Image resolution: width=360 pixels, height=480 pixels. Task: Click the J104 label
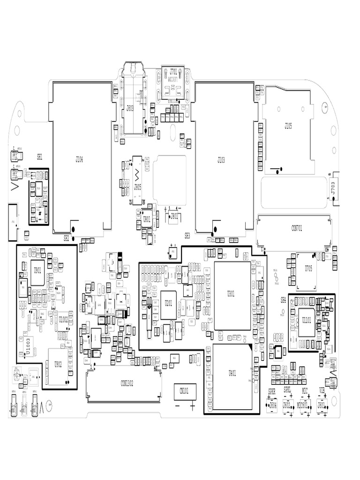pos(79,160)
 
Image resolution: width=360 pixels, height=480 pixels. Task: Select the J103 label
pos(221,160)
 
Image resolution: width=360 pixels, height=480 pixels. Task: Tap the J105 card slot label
pos(288,125)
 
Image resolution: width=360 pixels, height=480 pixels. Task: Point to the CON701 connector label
pos(297,228)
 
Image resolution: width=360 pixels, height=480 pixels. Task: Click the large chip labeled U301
pos(231,294)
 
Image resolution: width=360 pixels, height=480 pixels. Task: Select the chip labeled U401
pos(232,373)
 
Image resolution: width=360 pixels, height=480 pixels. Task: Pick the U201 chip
pos(169,303)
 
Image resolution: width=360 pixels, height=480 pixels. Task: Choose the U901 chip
pos(37,270)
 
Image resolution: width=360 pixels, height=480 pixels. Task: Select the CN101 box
pos(184,390)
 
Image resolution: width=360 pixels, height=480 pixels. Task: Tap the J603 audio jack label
pos(130,107)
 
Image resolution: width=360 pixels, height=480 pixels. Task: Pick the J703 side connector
pos(333,189)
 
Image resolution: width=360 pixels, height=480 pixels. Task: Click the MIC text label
pos(305,390)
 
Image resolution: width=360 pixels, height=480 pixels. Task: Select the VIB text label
pos(322,390)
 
